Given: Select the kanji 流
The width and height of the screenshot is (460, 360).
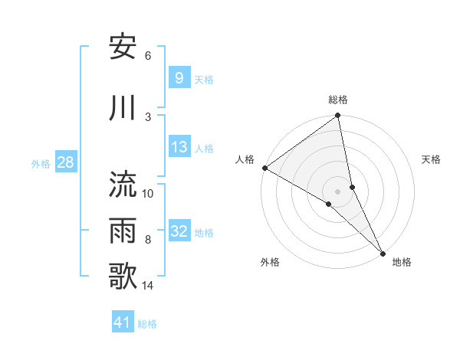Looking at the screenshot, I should [124, 185].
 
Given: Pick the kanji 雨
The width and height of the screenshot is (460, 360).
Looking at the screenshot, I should [124, 231].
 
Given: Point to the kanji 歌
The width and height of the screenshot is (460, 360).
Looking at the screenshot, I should [124, 277].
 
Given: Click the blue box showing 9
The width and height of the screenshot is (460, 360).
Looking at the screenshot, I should [179, 77].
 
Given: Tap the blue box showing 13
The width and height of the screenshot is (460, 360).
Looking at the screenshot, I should [179, 147].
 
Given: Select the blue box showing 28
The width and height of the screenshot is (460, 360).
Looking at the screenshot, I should [65, 162].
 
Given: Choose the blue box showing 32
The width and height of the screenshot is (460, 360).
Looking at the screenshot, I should [179, 231].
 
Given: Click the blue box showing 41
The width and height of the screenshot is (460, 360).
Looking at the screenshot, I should [123, 322].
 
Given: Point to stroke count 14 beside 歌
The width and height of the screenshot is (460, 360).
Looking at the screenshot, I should [148, 286].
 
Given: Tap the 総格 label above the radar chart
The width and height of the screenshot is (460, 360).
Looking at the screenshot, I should [338, 100].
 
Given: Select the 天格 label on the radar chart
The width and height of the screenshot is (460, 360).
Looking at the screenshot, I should [431, 159].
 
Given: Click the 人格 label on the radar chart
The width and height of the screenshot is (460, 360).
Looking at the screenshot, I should [245, 159].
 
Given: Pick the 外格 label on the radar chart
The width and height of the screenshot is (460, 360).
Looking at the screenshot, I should [270, 263].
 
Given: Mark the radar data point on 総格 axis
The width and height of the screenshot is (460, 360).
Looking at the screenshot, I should [338, 116].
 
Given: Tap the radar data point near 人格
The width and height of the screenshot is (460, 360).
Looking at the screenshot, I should [264, 168].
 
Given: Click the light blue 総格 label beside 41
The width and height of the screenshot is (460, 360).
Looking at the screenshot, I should [147, 324].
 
